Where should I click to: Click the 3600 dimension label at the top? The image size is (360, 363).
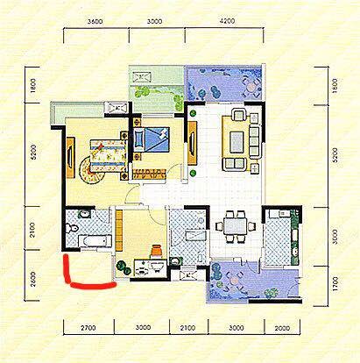[x=95, y=21]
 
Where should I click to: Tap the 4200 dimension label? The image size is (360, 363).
[x=227, y=21]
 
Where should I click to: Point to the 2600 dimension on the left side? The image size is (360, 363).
[x=32, y=279]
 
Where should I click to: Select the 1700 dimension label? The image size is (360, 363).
[x=335, y=284]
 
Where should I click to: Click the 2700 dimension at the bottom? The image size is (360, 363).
[x=88, y=328]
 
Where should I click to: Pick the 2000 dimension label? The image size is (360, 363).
[x=282, y=328]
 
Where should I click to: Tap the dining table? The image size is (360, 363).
[x=235, y=226]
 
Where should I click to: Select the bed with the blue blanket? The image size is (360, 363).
[x=152, y=139]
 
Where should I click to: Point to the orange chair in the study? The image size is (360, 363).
[x=157, y=251]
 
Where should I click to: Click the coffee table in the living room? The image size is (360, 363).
[x=236, y=142]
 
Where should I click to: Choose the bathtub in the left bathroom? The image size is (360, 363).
[x=95, y=241]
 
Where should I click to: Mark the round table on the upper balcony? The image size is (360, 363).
[x=251, y=87]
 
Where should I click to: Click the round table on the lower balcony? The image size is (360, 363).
[x=234, y=281]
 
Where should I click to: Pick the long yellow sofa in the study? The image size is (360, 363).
[x=119, y=231]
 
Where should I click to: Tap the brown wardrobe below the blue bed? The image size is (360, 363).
[x=149, y=174]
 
